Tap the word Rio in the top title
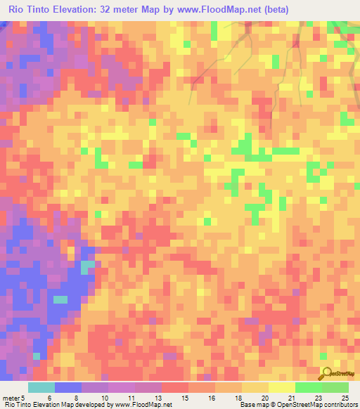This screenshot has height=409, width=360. click(18, 10)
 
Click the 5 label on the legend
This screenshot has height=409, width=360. click(23, 398)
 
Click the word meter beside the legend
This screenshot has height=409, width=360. click(11, 398)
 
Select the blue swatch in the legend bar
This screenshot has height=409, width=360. click(67, 387)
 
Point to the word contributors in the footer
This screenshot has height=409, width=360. click(341, 405)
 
